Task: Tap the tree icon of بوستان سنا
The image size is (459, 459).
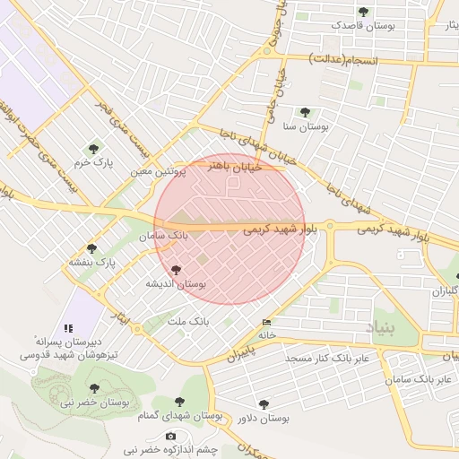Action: point(305,113)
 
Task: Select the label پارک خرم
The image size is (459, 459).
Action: point(94,163)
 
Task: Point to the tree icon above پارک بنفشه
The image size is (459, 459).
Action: point(91,248)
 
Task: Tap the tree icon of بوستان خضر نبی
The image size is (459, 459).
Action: point(94,388)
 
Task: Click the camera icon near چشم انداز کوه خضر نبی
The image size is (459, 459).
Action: point(171,436)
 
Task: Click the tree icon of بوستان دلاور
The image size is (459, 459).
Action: point(264,404)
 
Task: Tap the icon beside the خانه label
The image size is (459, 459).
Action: point(266,323)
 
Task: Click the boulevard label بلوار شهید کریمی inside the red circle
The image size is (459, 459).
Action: point(280,229)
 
